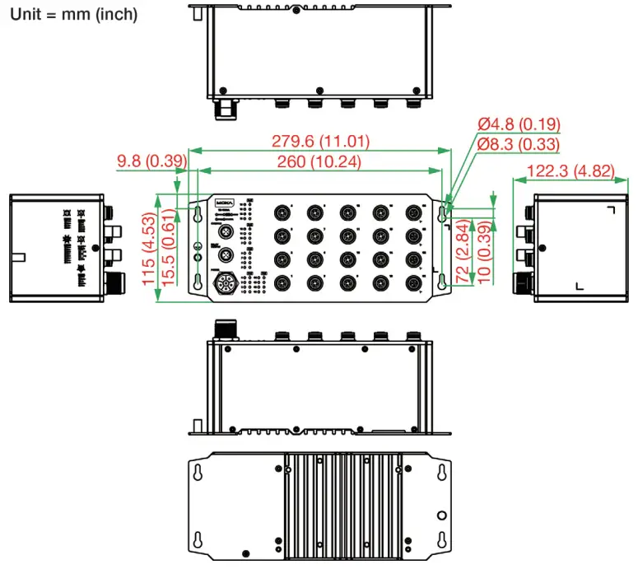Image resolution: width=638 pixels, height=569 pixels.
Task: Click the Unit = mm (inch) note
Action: [x=74, y=14]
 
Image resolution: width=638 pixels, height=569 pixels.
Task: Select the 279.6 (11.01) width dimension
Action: [x=320, y=141]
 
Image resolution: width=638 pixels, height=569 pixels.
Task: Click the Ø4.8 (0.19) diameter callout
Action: [x=519, y=124]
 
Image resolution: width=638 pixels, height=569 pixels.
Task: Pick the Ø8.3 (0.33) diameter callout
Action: [x=519, y=145]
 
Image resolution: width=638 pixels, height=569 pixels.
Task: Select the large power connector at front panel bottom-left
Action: [x=223, y=283]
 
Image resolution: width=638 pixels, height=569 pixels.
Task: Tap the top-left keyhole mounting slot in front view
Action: [x=198, y=214]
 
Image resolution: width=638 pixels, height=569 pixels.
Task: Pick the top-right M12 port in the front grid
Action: [x=412, y=213]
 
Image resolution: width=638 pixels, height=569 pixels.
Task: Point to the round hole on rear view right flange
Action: [x=442, y=515]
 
